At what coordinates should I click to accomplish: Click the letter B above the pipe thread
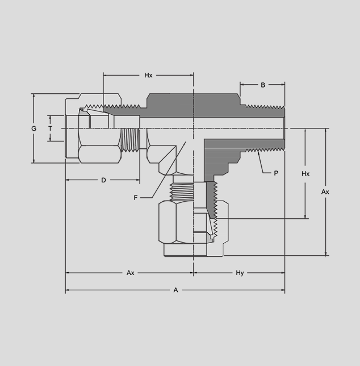point(263,85)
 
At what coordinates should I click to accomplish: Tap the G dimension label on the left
point(34,128)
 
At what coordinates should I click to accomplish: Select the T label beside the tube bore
point(50,128)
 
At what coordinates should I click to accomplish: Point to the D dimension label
point(103,180)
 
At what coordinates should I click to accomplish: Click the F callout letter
point(136,198)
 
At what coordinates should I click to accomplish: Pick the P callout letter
point(276,173)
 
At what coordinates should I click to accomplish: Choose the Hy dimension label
point(240,273)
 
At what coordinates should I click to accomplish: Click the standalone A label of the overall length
point(176,290)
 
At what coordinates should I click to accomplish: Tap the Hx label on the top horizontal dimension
point(148,75)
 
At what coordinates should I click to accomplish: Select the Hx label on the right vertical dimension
point(305,174)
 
